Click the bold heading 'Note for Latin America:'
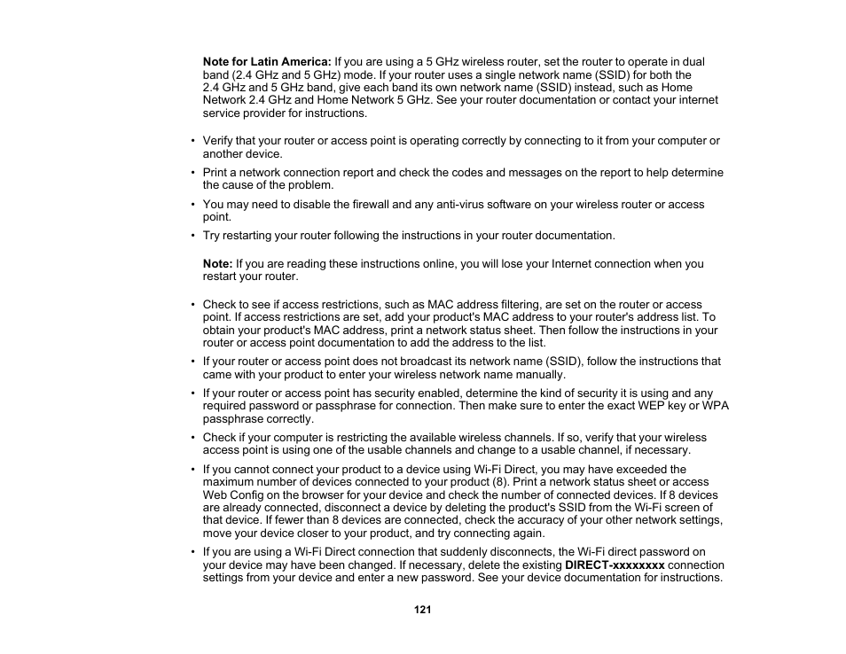click(x=267, y=62)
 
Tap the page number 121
click(x=423, y=610)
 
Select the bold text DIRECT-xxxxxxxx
click(x=615, y=564)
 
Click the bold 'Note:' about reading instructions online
click(x=217, y=263)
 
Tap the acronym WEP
click(x=645, y=406)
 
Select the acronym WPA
click(x=716, y=406)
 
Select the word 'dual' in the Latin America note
click(x=693, y=62)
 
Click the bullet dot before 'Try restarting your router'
click(x=192, y=236)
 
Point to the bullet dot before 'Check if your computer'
click(x=192, y=438)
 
